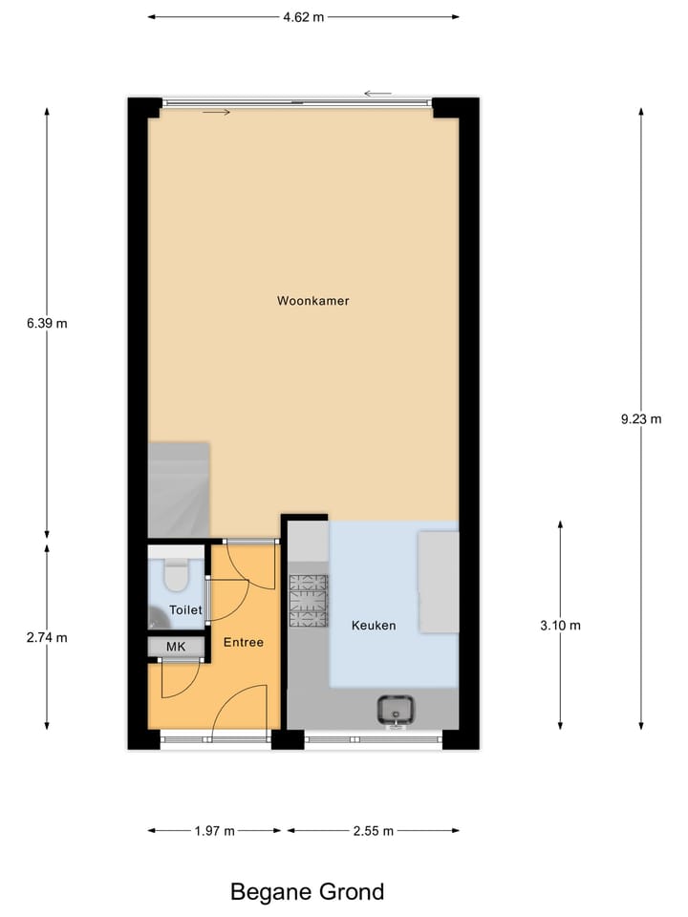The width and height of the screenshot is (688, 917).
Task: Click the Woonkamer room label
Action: coord(312,301)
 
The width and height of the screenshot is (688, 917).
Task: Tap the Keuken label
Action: coord(374,626)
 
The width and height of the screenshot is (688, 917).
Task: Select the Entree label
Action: coord(244,643)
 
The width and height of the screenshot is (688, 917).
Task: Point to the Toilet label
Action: coord(185,609)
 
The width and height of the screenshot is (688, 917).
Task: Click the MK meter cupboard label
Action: coord(176,648)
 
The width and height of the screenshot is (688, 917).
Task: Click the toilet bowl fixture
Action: coord(176,576)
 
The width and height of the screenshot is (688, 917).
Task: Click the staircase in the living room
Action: coord(179,488)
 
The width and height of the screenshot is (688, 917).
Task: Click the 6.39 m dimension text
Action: coord(48,323)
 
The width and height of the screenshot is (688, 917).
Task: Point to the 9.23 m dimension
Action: coord(641,418)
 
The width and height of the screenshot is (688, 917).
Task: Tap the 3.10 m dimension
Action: coord(561,626)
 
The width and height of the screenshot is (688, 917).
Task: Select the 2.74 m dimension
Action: coord(48,637)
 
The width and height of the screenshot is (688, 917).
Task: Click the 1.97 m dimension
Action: coord(214,831)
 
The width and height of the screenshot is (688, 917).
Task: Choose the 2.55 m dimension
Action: coord(373,831)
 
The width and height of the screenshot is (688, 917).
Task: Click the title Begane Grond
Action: coord(307,892)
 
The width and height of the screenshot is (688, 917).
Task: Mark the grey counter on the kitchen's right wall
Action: coord(439,582)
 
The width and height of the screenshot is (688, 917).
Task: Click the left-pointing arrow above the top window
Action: coord(377,94)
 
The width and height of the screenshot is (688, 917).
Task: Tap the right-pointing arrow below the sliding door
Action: coord(217,113)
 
